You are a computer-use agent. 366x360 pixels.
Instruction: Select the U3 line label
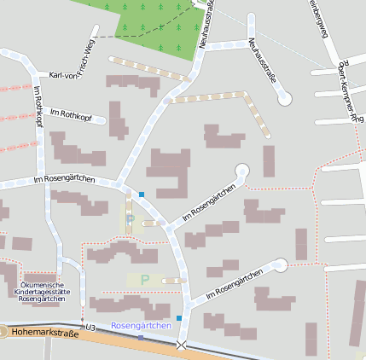pyautogui.click(x=88, y=326)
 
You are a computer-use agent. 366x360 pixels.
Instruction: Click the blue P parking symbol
pyautogui.click(x=130, y=220)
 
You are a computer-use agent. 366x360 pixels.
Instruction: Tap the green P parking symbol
pyautogui.click(x=144, y=279)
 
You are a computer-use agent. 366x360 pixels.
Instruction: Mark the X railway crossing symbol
pyautogui.click(x=181, y=345)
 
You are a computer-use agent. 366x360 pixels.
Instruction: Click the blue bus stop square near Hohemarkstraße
pyautogui.click(x=179, y=318)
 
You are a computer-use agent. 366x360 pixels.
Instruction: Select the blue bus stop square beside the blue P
pyautogui.click(x=142, y=195)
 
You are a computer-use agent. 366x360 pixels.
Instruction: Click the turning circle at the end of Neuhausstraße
pyautogui.click(x=285, y=99)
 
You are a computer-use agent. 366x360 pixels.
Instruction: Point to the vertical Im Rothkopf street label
pyautogui.click(x=38, y=107)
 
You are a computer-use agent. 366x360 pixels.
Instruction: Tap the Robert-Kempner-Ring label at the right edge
pyautogui.click(x=346, y=94)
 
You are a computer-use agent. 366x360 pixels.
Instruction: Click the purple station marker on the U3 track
pyautogui.click(x=141, y=338)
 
